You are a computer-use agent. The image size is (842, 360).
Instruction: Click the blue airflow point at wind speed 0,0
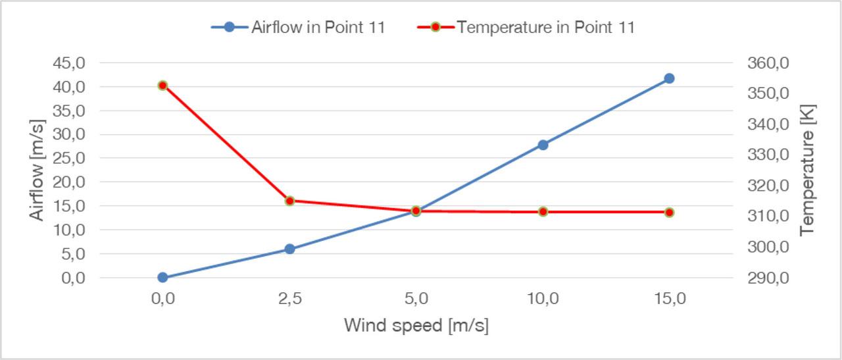[x=162, y=278]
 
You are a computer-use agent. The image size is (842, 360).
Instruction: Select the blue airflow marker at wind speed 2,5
[x=289, y=249]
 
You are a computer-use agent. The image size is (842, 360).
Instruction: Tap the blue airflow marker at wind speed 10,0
[x=543, y=145]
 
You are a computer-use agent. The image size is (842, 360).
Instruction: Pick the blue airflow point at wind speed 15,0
[x=669, y=78]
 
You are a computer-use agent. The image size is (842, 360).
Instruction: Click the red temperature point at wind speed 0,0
[x=162, y=85]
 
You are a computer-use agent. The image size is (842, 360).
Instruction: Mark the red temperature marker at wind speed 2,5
[x=289, y=201]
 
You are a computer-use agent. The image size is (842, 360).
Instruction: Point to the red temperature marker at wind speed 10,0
[x=543, y=212]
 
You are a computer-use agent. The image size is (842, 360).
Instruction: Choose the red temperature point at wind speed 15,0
[x=669, y=212]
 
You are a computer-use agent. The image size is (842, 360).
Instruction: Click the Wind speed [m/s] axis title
[x=416, y=326]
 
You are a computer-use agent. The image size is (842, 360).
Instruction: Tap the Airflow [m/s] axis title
[x=37, y=170]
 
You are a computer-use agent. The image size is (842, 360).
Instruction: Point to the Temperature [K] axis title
[x=807, y=170]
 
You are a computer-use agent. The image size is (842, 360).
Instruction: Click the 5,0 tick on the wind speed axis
[x=416, y=299]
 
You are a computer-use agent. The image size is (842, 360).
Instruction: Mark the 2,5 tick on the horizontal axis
[x=289, y=299]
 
